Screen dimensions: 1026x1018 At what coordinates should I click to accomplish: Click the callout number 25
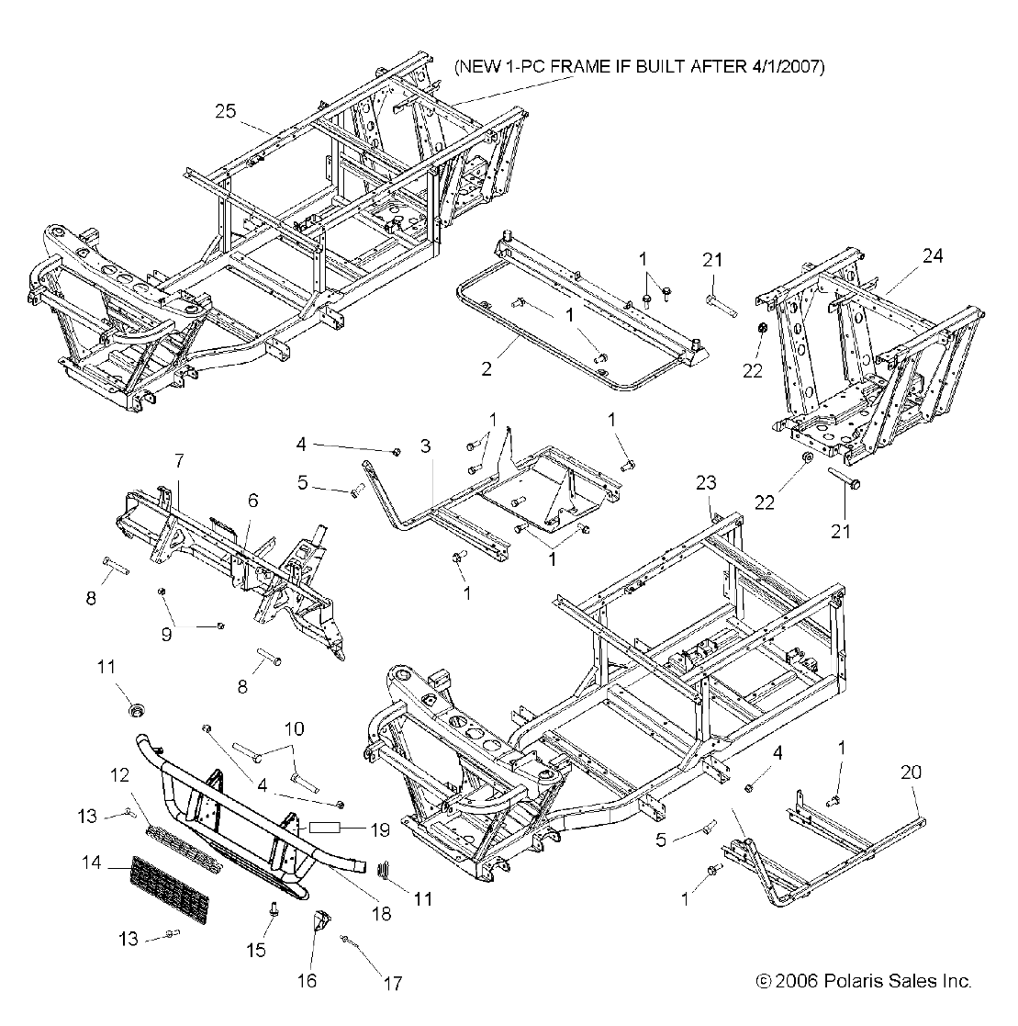[x=226, y=111]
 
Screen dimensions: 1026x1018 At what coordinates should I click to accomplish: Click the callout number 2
[x=512, y=369]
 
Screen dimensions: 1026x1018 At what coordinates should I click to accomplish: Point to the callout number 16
[x=307, y=980]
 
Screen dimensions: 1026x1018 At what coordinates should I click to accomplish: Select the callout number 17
[x=392, y=984]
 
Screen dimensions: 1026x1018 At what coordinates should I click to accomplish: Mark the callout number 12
[x=120, y=775]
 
